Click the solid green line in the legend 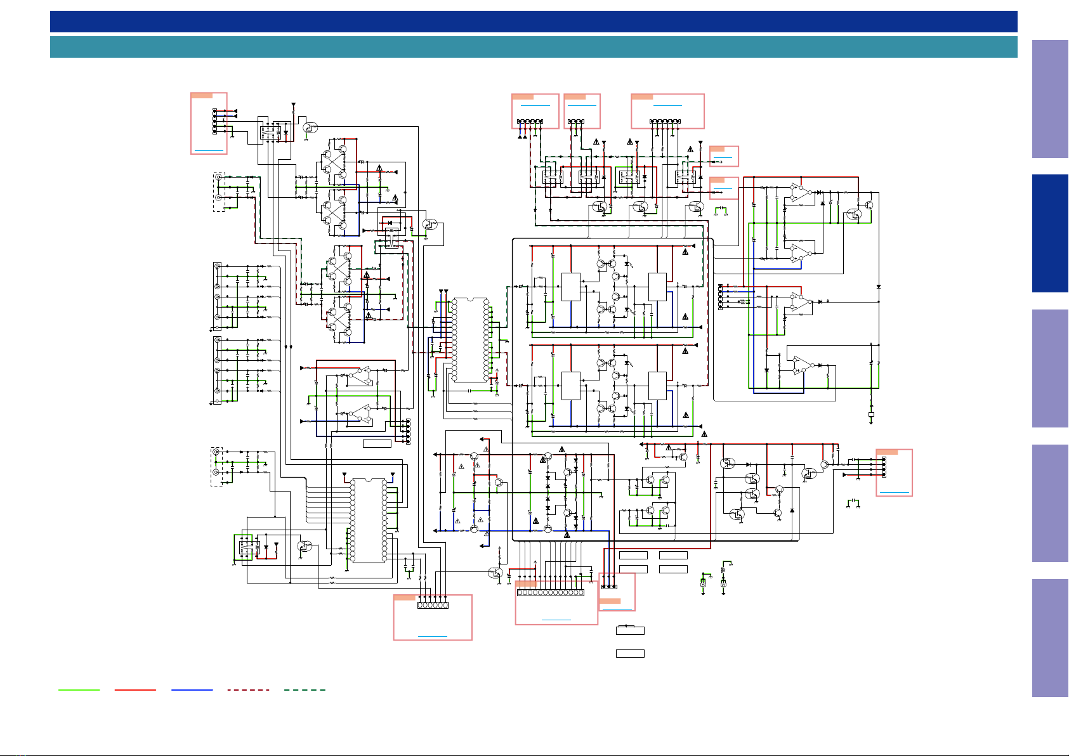click(79, 689)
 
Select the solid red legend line click(135, 689)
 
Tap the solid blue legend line click(192, 689)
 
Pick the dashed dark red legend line click(248, 689)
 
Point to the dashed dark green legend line click(305, 689)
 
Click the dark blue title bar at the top click(533, 22)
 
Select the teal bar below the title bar click(533, 47)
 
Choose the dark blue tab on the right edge click(1050, 233)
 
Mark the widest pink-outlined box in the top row click(667, 111)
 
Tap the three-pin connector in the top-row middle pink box click(577, 121)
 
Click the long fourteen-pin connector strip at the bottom click(551, 592)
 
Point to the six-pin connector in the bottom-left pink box click(433, 605)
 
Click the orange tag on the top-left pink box click(202, 96)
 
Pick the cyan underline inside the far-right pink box click(895, 492)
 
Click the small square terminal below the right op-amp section click(871, 414)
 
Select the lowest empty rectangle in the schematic click(630, 653)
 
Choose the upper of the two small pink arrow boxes click(723, 156)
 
